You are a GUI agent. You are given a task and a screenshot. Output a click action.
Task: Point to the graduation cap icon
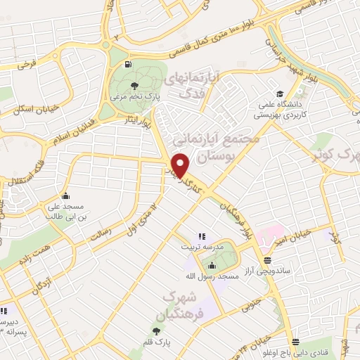tap(279, 94)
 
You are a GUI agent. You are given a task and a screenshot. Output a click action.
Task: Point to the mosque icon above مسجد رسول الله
tap(213, 264)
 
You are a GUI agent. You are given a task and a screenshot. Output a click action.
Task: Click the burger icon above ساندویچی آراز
tap(267, 259)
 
